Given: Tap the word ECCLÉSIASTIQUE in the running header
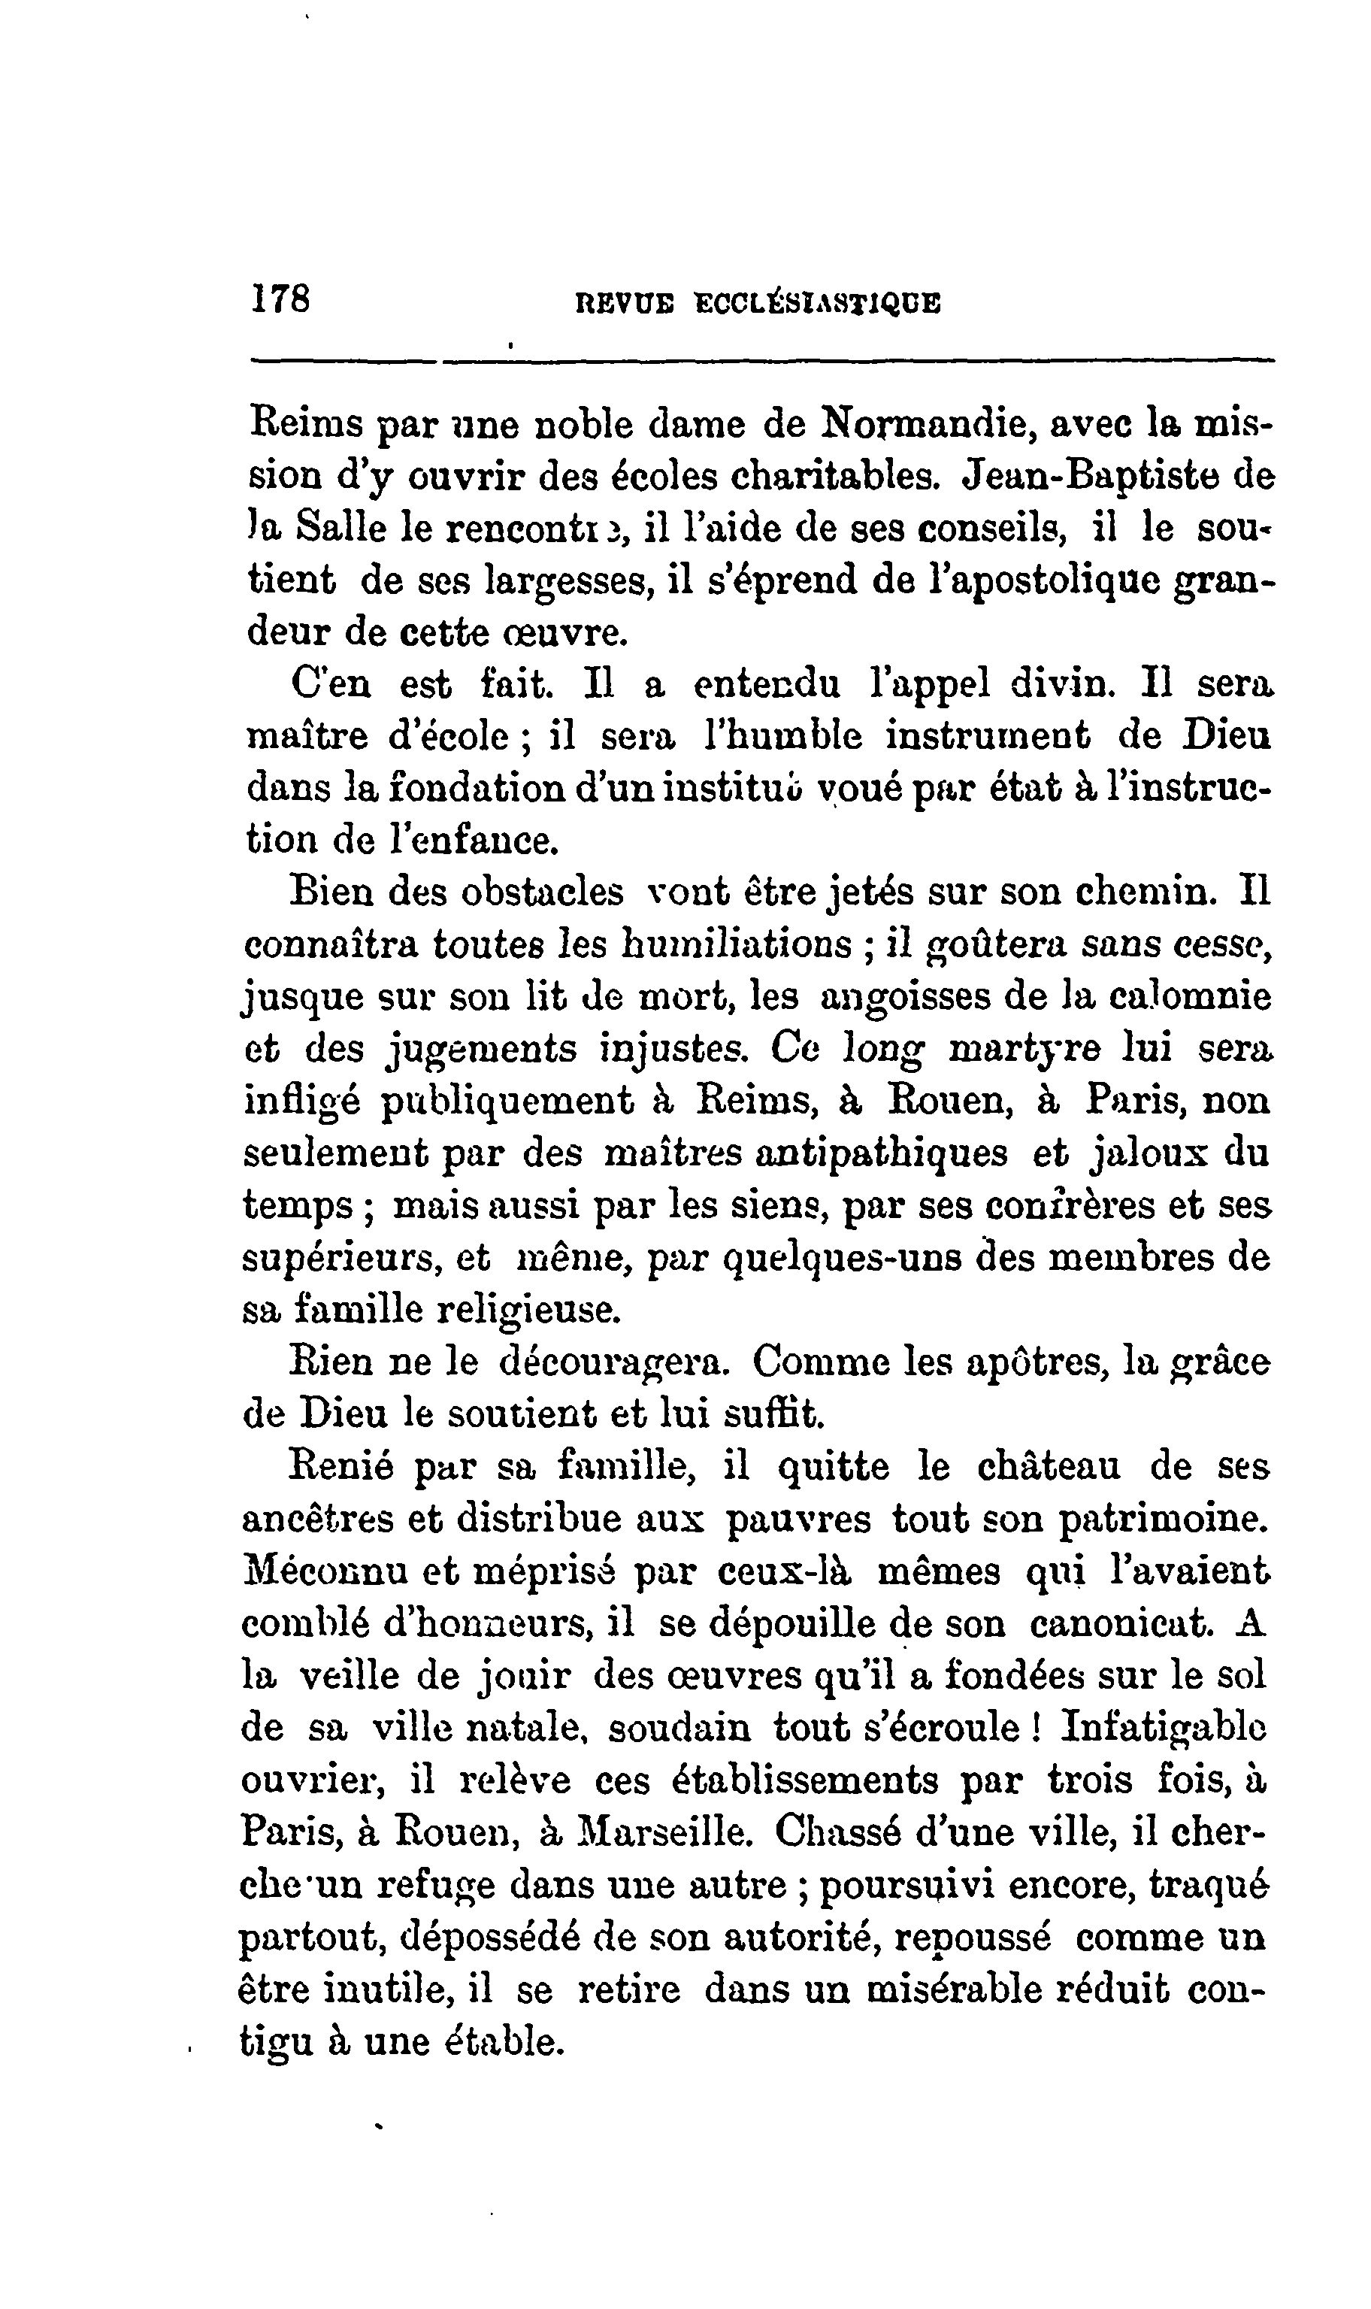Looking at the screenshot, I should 818,304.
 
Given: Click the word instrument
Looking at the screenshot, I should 988,736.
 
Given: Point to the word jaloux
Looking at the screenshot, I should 1150,1154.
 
